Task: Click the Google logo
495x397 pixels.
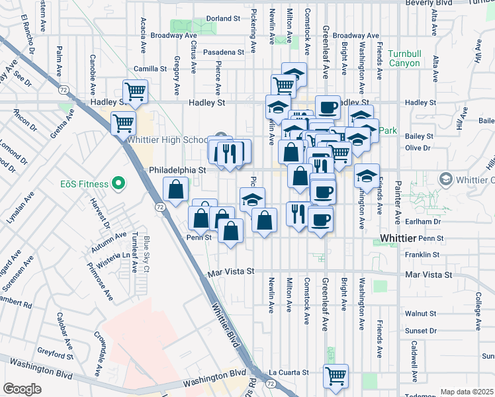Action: (22, 389)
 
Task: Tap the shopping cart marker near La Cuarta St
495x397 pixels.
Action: (336, 376)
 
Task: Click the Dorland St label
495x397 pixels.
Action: (222, 19)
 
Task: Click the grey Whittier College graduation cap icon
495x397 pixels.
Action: (446, 179)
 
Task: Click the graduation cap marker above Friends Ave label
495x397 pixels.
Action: (366, 176)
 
